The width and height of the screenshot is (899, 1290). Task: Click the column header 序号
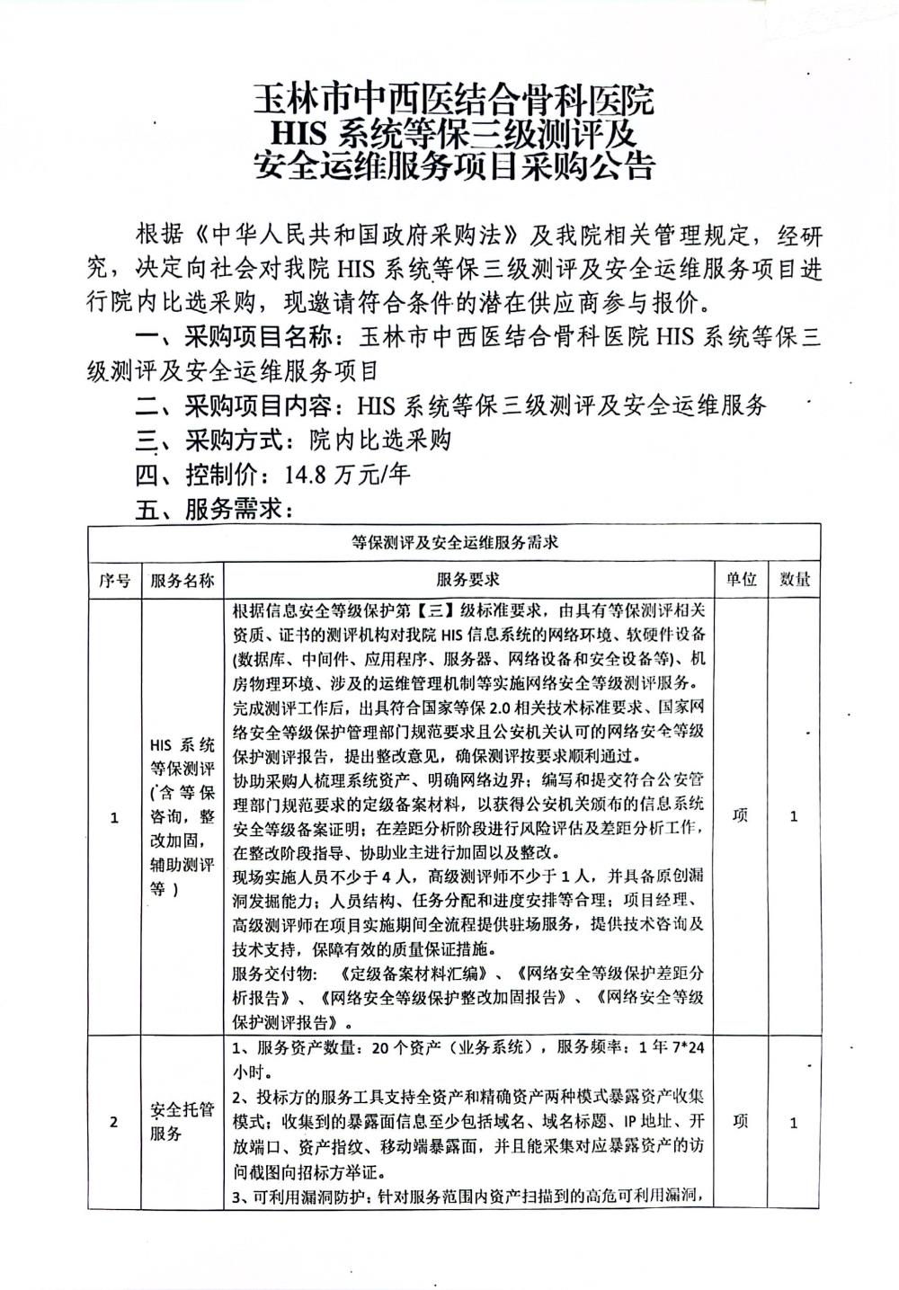[114, 580]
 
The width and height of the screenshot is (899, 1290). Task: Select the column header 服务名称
[182, 580]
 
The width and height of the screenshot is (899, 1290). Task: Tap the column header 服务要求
[468, 580]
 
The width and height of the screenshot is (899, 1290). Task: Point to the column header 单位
[740, 580]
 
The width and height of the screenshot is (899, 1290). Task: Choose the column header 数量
[794, 580]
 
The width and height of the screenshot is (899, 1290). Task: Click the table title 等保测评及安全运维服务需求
[455, 542]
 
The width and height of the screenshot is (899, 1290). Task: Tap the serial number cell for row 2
[114, 1122]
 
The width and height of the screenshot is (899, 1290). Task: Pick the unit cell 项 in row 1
[740, 816]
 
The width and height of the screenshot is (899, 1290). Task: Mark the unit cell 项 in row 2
[740, 1122]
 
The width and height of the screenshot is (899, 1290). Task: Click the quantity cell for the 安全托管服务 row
[794, 1122]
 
